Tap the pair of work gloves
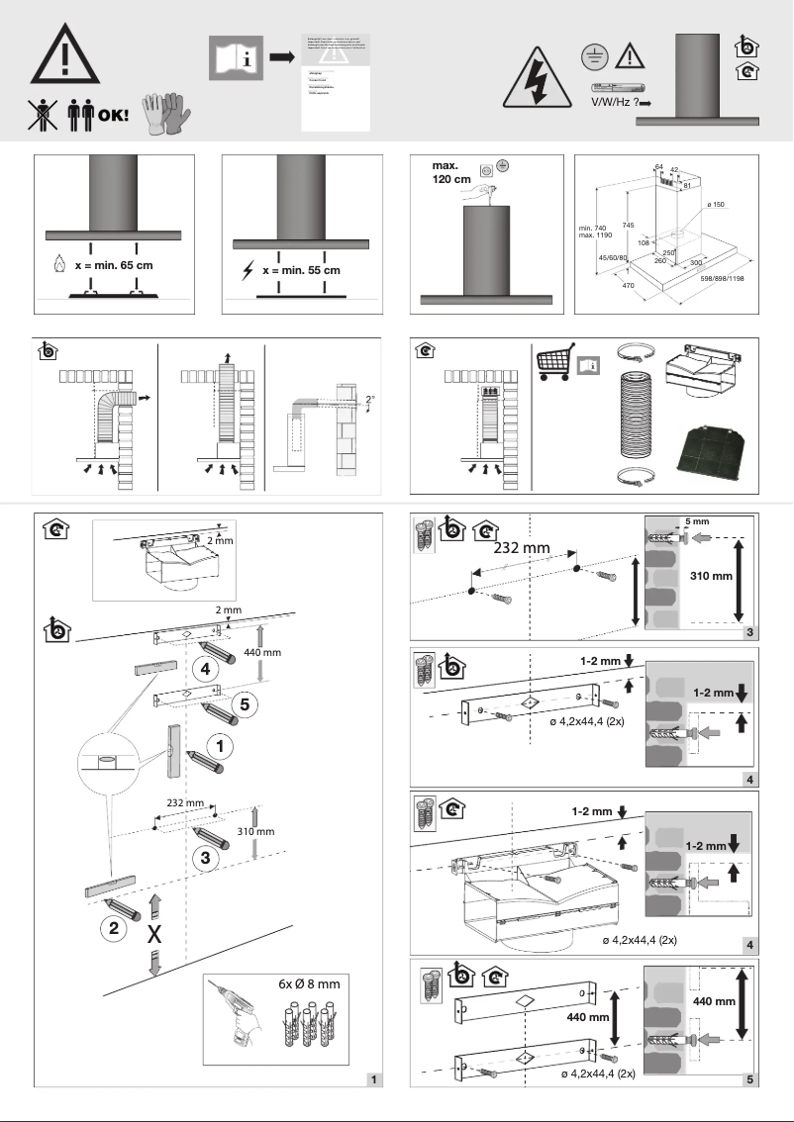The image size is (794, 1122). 164,115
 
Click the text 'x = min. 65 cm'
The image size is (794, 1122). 115,266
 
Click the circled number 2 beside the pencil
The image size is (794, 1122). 116,930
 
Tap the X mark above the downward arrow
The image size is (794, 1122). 154,934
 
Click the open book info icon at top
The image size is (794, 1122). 235,57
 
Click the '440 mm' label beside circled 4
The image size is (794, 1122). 262,654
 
